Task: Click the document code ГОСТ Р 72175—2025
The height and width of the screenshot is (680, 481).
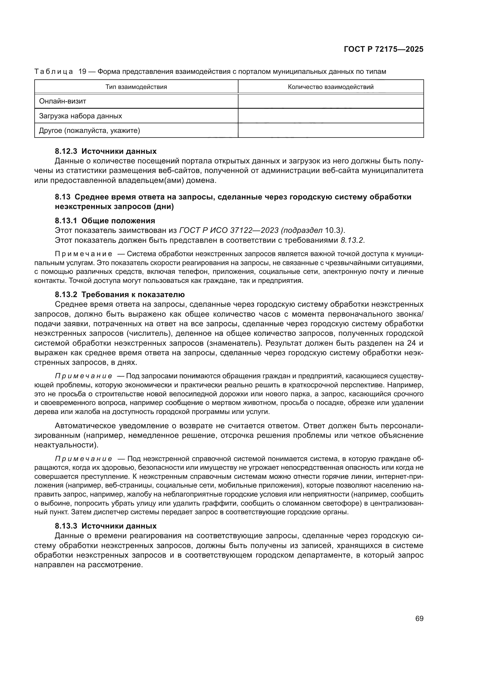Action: pos(384,49)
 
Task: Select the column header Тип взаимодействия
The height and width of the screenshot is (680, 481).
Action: pos(136,87)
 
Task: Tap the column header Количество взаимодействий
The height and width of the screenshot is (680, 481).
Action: pos(331,87)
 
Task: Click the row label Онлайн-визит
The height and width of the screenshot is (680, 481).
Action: pos(63,101)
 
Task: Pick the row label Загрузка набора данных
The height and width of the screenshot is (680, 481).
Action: pos(81,116)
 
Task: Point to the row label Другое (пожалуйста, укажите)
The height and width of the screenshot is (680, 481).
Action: pos(90,130)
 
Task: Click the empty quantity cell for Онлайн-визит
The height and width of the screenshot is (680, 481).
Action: pos(331,101)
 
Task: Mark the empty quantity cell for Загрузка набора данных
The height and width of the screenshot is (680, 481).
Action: pos(331,116)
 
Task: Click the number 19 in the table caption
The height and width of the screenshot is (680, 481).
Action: pos(82,72)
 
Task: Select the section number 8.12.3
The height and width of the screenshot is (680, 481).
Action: pos(66,151)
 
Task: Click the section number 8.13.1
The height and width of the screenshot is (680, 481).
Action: pos(66,221)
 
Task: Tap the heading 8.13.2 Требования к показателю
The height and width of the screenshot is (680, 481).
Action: pos(120,295)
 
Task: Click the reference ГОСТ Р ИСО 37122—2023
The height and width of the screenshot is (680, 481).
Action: pos(229,231)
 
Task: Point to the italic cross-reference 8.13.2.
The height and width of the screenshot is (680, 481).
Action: pos(352,240)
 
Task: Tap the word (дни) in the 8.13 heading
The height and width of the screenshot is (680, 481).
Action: pos(164,207)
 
